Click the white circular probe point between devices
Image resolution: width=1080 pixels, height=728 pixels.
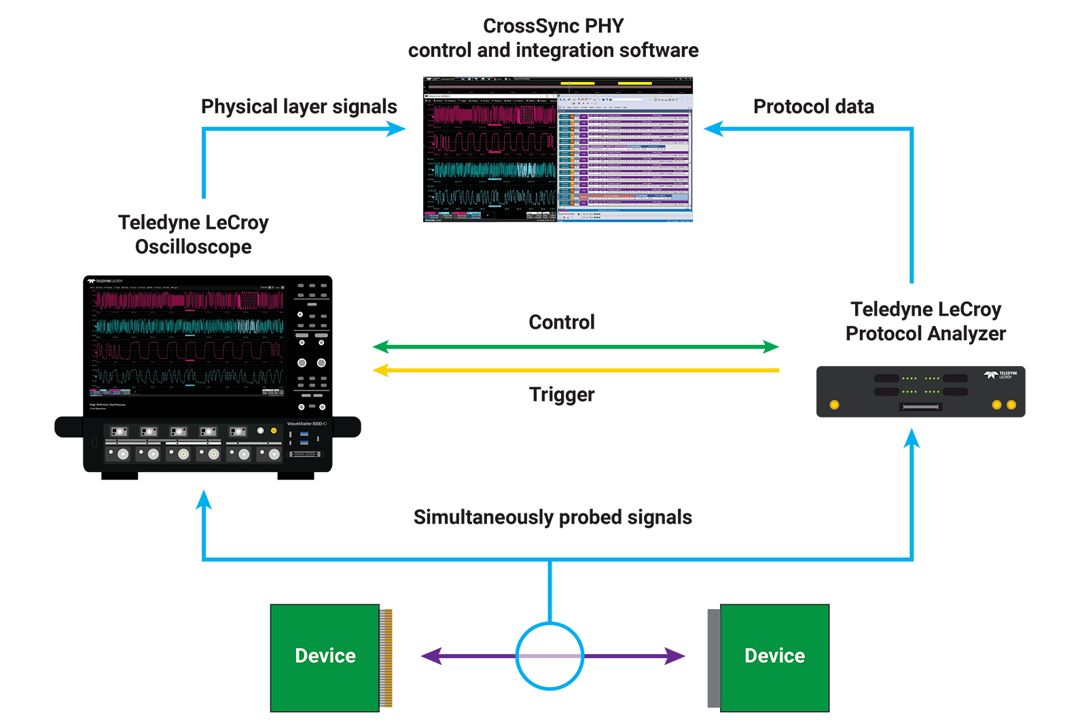point(550,656)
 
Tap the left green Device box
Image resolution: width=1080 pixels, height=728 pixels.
point(325,657)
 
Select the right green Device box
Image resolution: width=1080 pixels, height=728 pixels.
point(774,657)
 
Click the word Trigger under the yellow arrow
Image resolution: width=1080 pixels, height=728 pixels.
point(562,395)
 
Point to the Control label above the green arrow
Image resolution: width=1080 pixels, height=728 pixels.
point(562,322)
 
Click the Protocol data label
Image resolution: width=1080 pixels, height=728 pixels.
point(813,107)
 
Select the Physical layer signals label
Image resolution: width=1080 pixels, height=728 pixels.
point(299,107)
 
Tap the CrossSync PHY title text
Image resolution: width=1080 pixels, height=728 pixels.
point(553,26)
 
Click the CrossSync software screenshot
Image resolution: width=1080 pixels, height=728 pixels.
point(558,149)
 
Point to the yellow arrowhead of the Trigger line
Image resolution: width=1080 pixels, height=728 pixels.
point(381,370)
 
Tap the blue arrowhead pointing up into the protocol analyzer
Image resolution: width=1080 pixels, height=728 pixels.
point(912,439)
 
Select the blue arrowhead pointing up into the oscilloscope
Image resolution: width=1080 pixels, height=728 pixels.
point(204,500)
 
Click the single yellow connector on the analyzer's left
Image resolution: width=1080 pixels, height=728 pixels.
point(835,405)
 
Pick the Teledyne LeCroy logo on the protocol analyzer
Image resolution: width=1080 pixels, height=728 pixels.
point(1001,375)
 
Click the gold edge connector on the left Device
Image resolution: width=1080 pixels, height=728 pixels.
point(386,657)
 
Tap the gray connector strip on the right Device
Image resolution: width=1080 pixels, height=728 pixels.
point(713,657)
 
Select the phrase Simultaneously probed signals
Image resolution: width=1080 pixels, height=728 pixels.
point(552,517)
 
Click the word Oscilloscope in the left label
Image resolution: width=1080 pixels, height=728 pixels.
point(194,247)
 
